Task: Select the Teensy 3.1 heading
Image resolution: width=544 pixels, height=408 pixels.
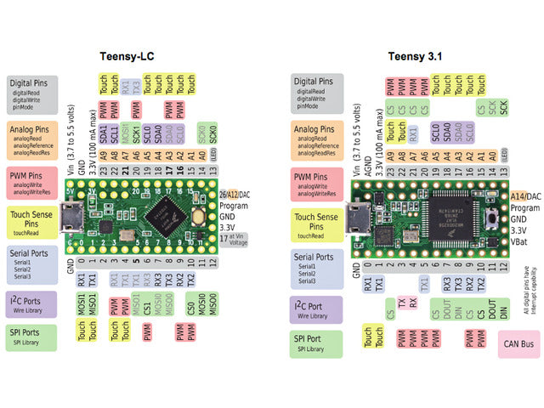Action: [416, 57]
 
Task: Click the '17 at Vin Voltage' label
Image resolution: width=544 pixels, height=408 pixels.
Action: [234, 241]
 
